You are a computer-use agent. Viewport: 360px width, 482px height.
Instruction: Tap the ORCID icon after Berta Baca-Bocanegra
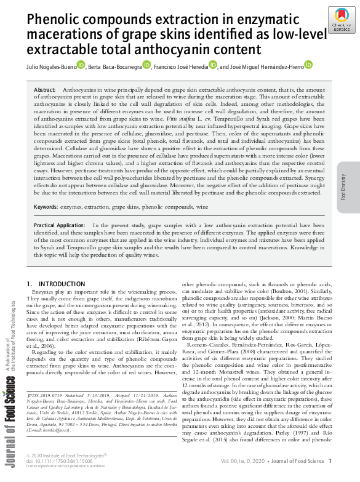pos(146,65)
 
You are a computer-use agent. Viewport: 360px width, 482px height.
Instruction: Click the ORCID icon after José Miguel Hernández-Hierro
pos(308,65)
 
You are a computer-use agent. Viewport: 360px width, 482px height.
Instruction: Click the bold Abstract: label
pos(45,90)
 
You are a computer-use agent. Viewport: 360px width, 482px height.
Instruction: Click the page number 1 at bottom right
pos(330,460)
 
